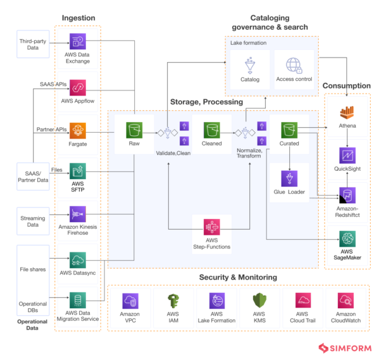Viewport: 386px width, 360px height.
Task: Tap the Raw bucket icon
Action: (x=134, y=130)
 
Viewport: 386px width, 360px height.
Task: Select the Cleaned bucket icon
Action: (x=212, y=130)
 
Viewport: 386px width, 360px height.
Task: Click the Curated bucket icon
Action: (x=290, y=130)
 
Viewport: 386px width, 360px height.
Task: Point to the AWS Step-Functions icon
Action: (x=212, y=227)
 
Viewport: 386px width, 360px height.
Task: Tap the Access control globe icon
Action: (x=294, y=65)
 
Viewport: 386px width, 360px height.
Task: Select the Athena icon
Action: (x=346, y=113)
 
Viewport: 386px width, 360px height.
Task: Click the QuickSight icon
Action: (x=346, y=156)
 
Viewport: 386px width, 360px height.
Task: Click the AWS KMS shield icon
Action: (x=259, y=301)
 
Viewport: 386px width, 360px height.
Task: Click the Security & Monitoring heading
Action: (x=238, y=276)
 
